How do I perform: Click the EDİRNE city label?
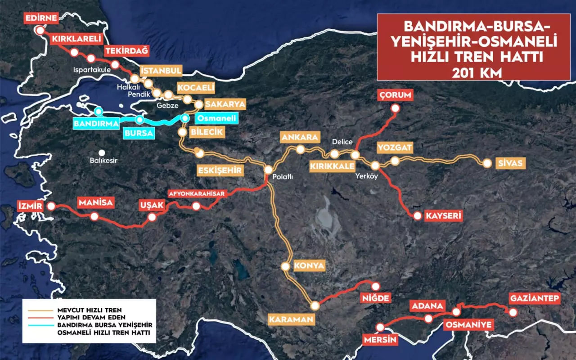click(41, 19)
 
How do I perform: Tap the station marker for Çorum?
click(395, 108)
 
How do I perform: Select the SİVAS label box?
click(511, 163)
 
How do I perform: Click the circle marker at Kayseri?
click(418, 216)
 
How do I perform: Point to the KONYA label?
click(309, 265)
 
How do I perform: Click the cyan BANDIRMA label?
click(96, 123)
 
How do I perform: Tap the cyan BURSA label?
click(138, 133)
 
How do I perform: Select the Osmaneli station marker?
click(184, 118)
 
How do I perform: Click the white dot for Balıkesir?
click(102, 153)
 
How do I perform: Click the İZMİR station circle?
click(51, 206)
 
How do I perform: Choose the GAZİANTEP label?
click(535, 298)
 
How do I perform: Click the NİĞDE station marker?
click(375, 286)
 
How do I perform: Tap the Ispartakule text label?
click(93, 70)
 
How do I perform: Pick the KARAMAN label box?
click(291, 320)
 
